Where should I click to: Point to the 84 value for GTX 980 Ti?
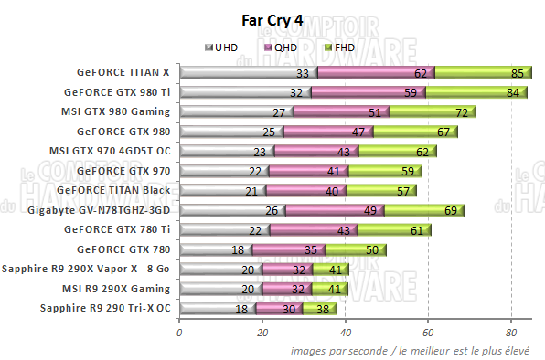[x=513, y=92]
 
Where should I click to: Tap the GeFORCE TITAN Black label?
[x=112, y=190]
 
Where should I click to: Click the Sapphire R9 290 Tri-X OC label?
[x=105, y=308]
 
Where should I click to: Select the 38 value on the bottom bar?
[x=323, y=309]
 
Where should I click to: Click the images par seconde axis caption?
[x=417, y=350]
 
